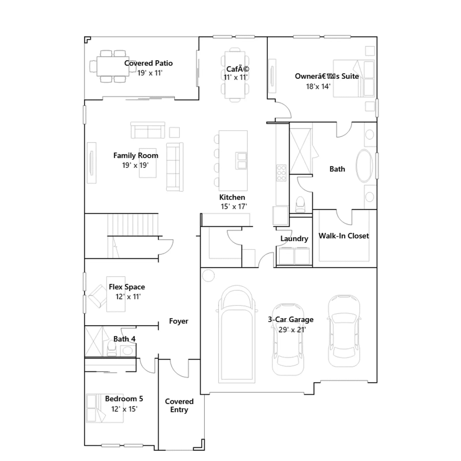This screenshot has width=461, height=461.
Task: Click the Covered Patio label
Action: coord(148,63)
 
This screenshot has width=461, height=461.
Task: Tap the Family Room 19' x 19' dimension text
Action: coord(135,165)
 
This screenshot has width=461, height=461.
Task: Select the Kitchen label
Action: coord(232,197)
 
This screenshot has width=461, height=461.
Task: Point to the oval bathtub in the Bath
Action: coord(364,166)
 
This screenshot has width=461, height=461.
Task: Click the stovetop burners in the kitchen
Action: coord(281,173)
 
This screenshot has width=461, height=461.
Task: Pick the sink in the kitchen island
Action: coord(241,160)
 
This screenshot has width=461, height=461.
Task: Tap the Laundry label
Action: coord(294,239)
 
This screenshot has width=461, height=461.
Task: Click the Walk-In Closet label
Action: coord(344,236)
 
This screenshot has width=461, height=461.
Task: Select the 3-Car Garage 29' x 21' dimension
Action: coord(292,330)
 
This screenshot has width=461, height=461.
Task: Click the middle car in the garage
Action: coord(288,339)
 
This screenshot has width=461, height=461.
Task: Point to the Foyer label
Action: coord(179,321)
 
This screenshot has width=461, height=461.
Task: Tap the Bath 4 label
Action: coord(124,339)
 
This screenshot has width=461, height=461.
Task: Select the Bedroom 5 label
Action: coord(124,399)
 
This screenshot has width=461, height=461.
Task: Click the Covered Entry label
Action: coord(179,405)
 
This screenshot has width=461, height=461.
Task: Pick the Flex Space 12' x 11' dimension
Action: coord(128,296)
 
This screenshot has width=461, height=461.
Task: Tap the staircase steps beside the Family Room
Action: coord(133,225)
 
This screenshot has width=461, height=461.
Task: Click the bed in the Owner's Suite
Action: coord(354,78)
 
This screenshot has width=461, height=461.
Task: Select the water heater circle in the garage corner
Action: coord(208,276)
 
